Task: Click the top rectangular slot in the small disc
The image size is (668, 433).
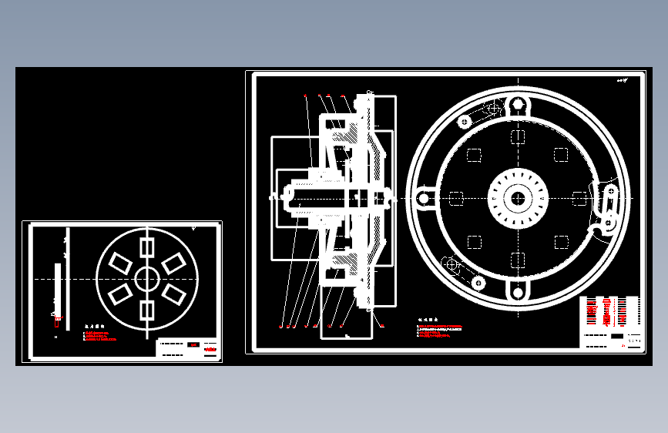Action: (x=147, y=248)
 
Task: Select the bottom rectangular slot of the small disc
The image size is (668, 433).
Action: (x=147, y=310)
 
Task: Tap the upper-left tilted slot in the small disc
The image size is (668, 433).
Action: (x=120, y=263)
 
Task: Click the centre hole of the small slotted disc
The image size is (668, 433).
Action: (x=147, y=278)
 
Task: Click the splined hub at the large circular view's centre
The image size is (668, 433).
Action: (x=518, y=198)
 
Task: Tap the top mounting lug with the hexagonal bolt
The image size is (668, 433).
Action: (x=518, y=105)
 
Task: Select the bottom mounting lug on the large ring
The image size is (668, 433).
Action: (x=518, y=291)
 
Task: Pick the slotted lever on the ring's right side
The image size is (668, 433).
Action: (x=609, y=208)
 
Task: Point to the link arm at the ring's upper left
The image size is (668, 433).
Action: (x=478, y=114)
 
